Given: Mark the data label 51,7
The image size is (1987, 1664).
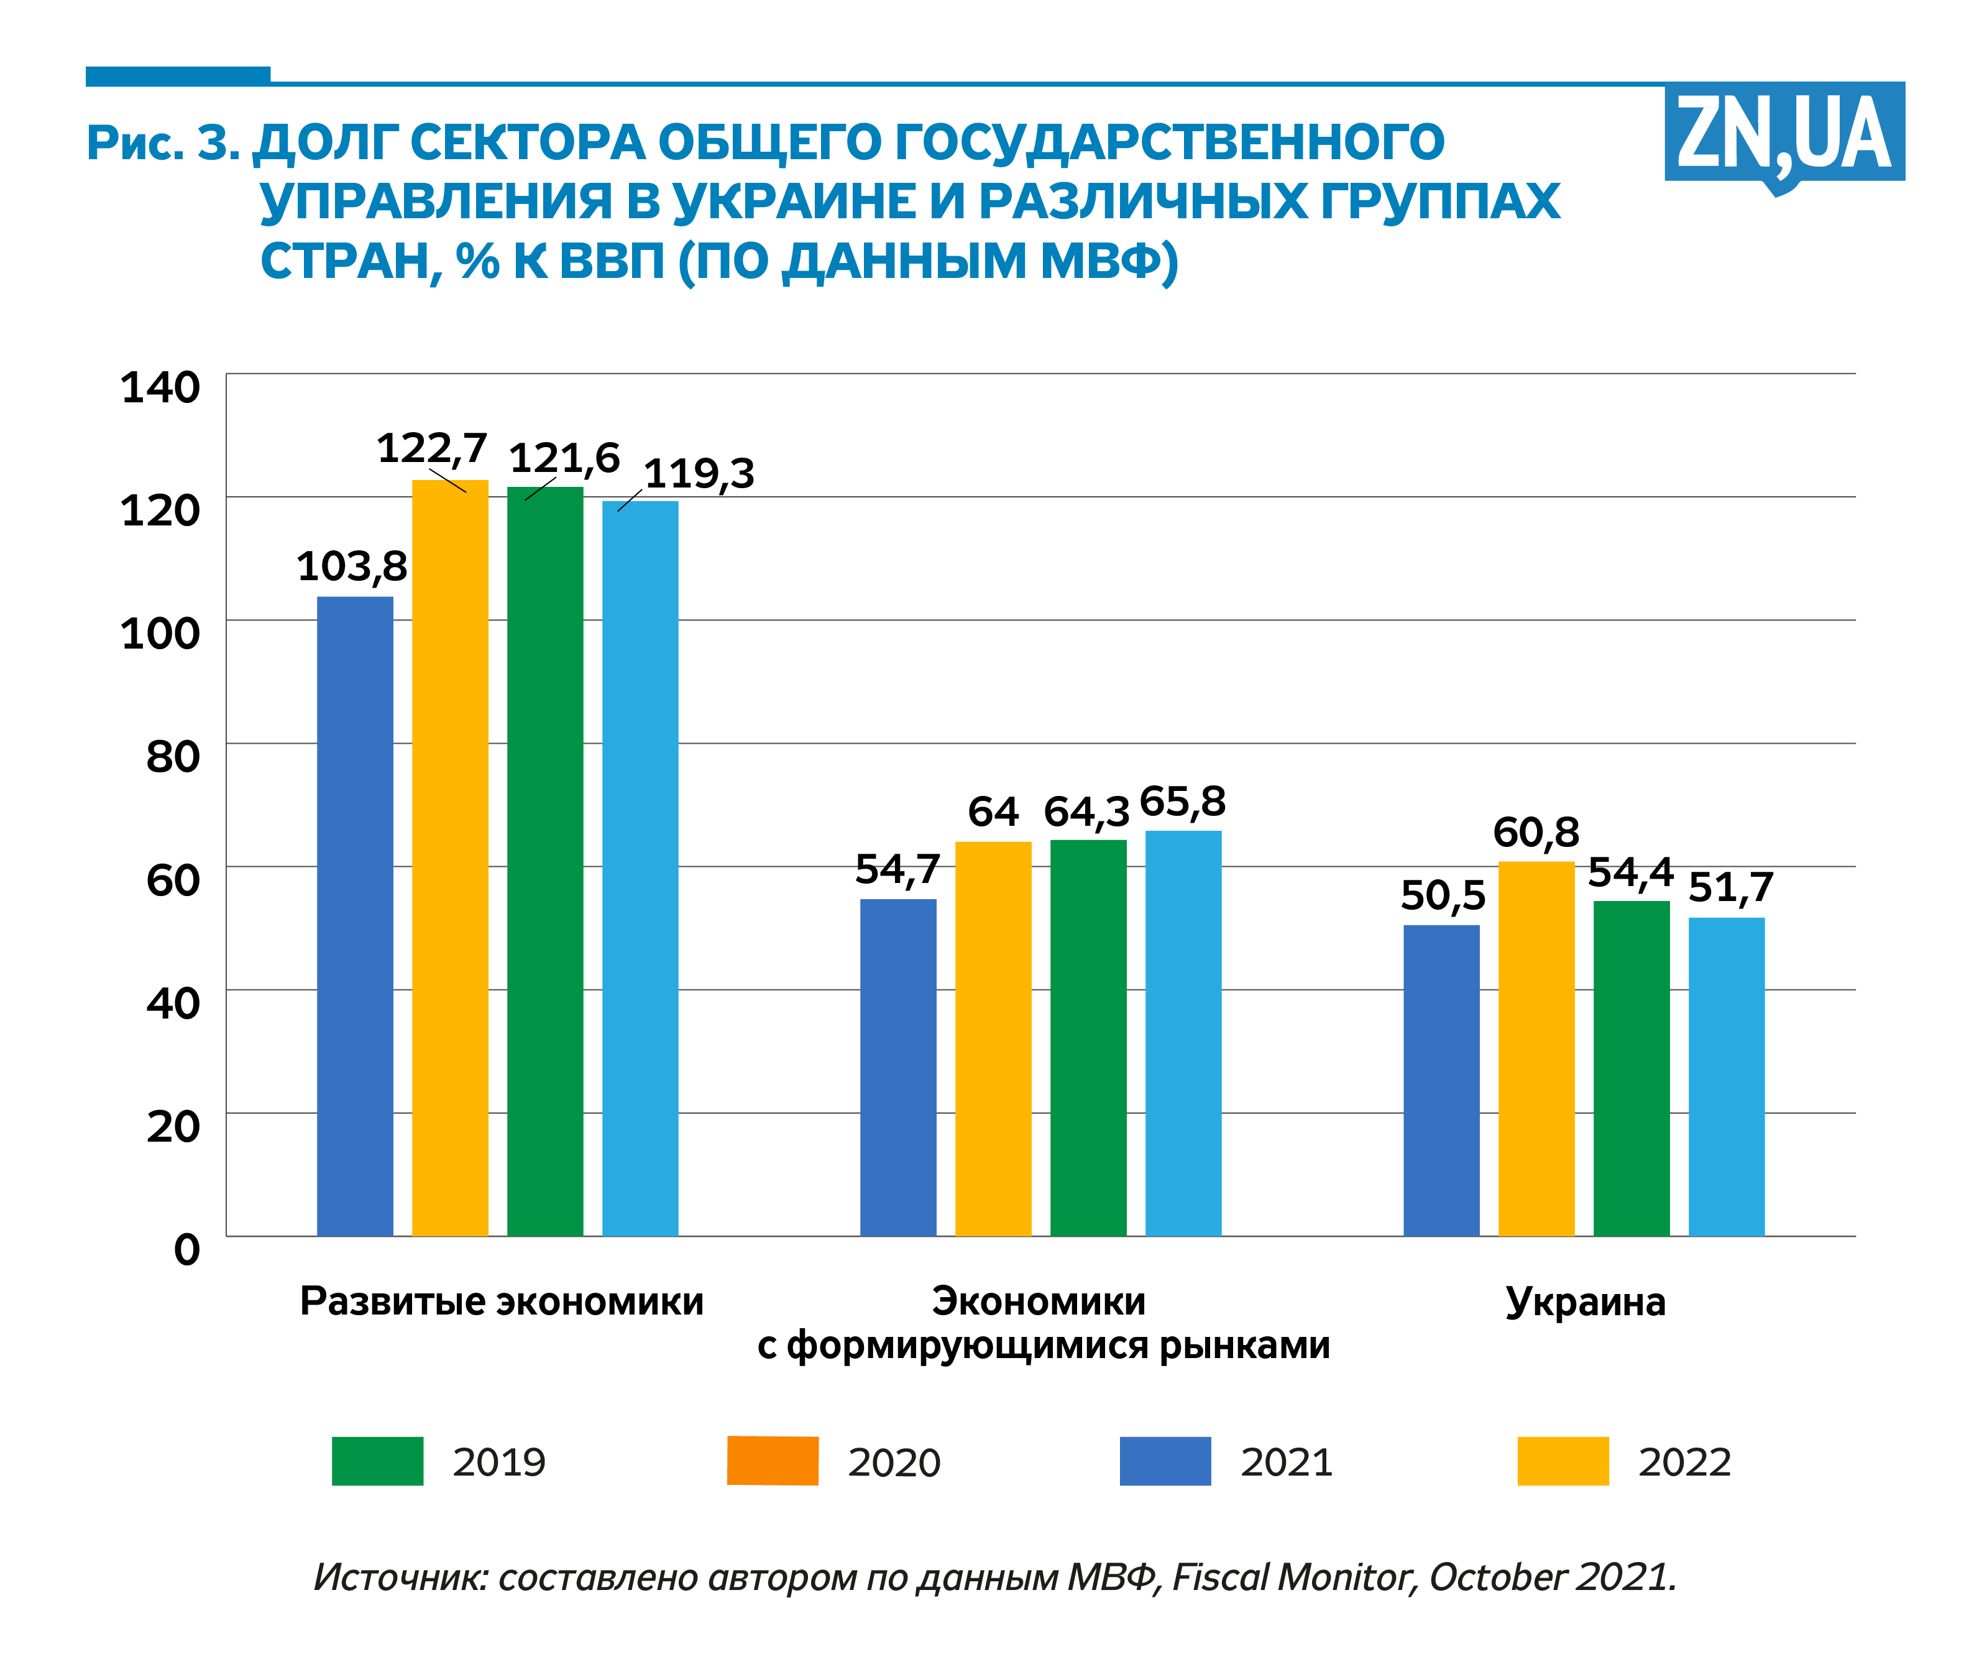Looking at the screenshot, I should (1730, 888).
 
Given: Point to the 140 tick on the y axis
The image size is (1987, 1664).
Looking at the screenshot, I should (161, 387).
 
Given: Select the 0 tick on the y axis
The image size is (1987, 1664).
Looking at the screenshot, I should (186, 1249).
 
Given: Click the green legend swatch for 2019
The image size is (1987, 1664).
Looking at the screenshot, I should (377, 1461).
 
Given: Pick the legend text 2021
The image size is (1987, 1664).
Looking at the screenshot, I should (1287, 1463).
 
